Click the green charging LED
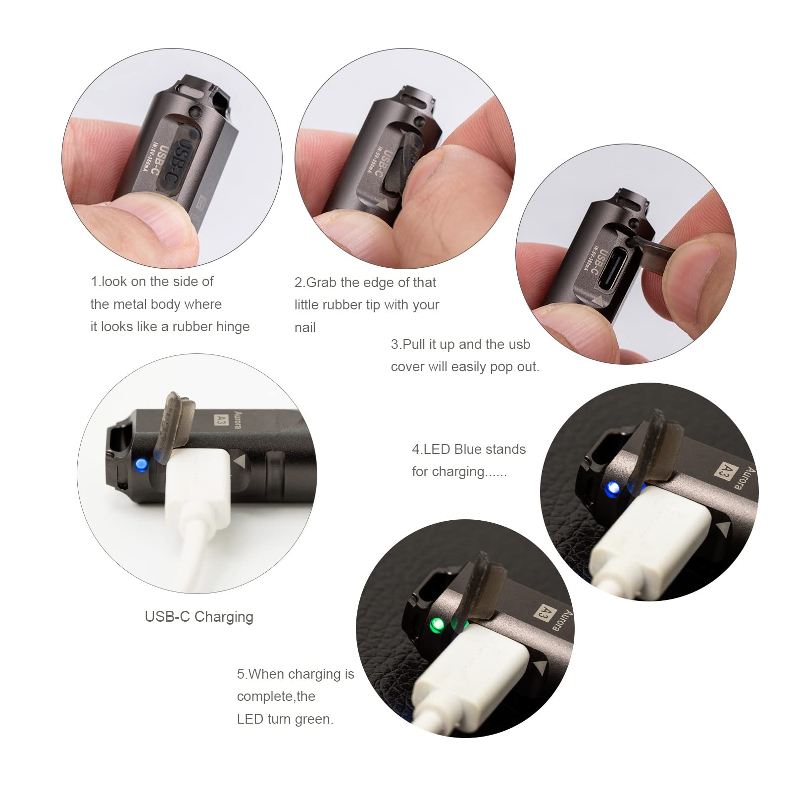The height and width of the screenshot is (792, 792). [x=436, y=625]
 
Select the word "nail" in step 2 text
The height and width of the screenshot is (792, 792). [x=305, y=328]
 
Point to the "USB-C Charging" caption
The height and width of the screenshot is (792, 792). [x=199, y=617]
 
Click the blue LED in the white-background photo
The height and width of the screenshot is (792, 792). [x=141, y=464]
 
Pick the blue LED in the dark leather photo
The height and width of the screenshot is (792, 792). [x=613, y=489]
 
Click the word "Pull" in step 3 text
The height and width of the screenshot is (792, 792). [x=414, y=345]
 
